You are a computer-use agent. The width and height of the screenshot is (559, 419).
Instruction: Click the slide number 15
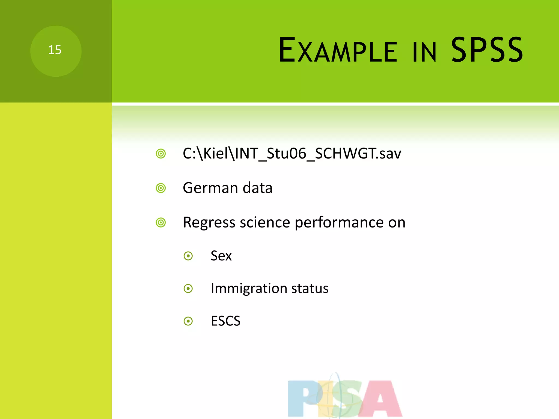(x=55, y=50)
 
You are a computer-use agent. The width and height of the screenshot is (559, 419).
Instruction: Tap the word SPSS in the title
(x=487, y=50)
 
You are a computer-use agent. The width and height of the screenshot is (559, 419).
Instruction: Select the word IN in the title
(x=424, y=52)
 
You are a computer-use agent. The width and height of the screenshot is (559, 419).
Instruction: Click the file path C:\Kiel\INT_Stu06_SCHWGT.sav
(x=292, y=154)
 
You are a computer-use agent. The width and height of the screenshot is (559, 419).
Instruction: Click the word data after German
(x=257, y=188)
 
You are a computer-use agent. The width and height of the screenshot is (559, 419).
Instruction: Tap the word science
(x=265, y=222)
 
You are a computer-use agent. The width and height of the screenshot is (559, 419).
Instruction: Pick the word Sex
(x=221, y=256)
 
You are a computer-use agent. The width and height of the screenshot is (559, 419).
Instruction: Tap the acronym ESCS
(x=225, y=321)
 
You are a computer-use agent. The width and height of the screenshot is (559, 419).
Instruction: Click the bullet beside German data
(x=161, y=188)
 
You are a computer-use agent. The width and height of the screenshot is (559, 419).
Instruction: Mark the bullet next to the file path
(x=161, y=154)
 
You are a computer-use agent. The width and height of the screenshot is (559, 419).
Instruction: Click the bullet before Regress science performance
(x=161, y=223)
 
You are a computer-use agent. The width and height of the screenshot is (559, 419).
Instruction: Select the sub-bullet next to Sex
(x=188, y=256)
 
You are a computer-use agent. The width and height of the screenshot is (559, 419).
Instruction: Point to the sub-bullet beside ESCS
(x=188, y=321)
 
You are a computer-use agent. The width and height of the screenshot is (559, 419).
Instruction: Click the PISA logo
(x=345, y=397)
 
